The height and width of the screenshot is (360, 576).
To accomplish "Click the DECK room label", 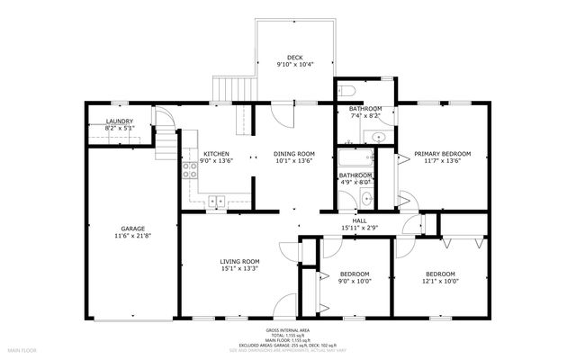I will [x=294, y=57].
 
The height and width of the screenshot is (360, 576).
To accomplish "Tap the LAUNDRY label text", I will [x=120, y=121].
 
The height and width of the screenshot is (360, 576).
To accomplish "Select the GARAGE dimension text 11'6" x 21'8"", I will [x=132, y=237].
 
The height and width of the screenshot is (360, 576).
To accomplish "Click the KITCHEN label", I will [x=216, y=154].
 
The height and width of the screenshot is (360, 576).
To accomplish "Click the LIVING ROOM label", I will [x=239, y=262].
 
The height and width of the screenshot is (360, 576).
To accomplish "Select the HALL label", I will [x=359, y=220].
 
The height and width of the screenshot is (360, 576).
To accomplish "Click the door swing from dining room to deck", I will [x=282, y=114].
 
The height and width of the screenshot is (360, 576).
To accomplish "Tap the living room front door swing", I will [x=285, y=306].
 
